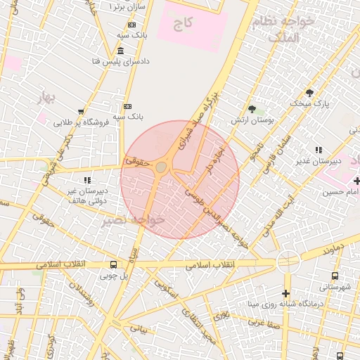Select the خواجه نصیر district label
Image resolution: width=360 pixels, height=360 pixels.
tap(133, 220)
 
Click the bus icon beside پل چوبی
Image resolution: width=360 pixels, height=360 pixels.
tap(114, 265)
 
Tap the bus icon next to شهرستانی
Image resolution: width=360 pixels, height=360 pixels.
tap(334, 276)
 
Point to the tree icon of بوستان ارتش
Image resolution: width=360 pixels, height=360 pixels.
tap(252, 109)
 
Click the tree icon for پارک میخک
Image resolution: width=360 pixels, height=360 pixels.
tap(309, 93)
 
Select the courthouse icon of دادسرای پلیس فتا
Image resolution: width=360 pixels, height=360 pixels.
tap(121, 51)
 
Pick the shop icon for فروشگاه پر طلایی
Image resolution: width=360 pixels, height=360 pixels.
tap(82, 112)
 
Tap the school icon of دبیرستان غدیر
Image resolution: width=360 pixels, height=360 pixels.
tap(319, 150)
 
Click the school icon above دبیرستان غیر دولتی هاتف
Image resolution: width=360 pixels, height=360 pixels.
tap(87, 180)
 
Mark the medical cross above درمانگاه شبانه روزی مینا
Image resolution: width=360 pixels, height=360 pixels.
tap(285, 293)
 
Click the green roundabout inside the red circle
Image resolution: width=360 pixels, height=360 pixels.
tap(161, 167)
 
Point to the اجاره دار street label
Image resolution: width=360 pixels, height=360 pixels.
tap(214, 160)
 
